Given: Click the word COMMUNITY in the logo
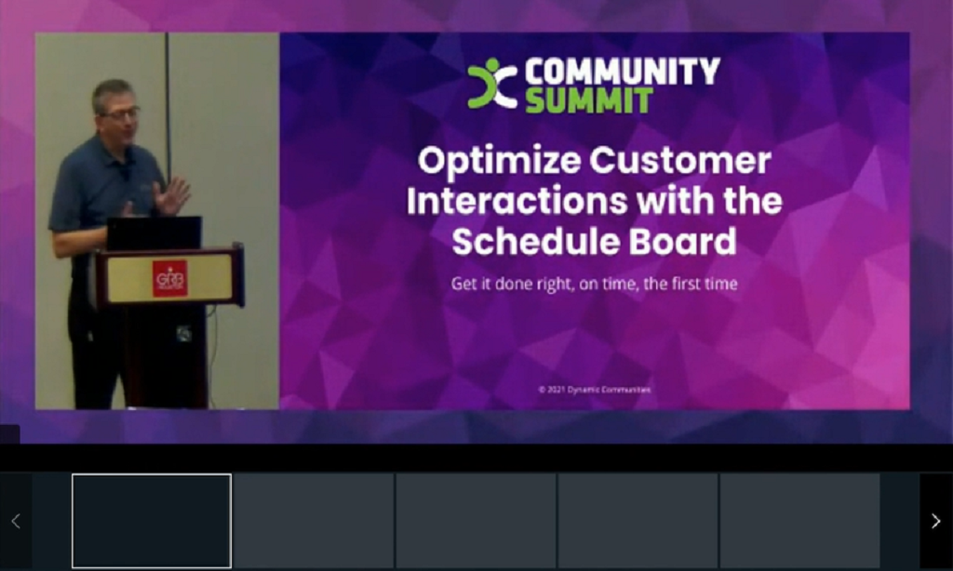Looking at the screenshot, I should click(x=622, y=72).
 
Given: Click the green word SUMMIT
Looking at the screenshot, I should click(x=588, y=100).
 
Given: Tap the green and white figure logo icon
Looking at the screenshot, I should click(x=491, y=84).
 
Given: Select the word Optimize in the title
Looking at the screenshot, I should click(x=499, y=161).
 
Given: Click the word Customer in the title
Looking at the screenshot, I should click(x=680, y=161).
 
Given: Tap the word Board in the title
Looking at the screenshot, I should click(x=687, y=241).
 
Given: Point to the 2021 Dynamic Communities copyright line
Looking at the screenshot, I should click(x=594, y=390).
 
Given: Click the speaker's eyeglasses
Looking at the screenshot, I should click(x=121, y=113).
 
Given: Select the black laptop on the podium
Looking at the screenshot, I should click(x=154, y=233).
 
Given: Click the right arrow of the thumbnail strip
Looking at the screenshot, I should click(x=935, y=521).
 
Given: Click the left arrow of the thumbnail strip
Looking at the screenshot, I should click(x=16, y=521).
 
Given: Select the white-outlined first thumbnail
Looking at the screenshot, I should click(x=152, y=521).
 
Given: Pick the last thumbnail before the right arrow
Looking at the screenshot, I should click(x=799, y=521).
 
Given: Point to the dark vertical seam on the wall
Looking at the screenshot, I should click(x=168, y=93).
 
